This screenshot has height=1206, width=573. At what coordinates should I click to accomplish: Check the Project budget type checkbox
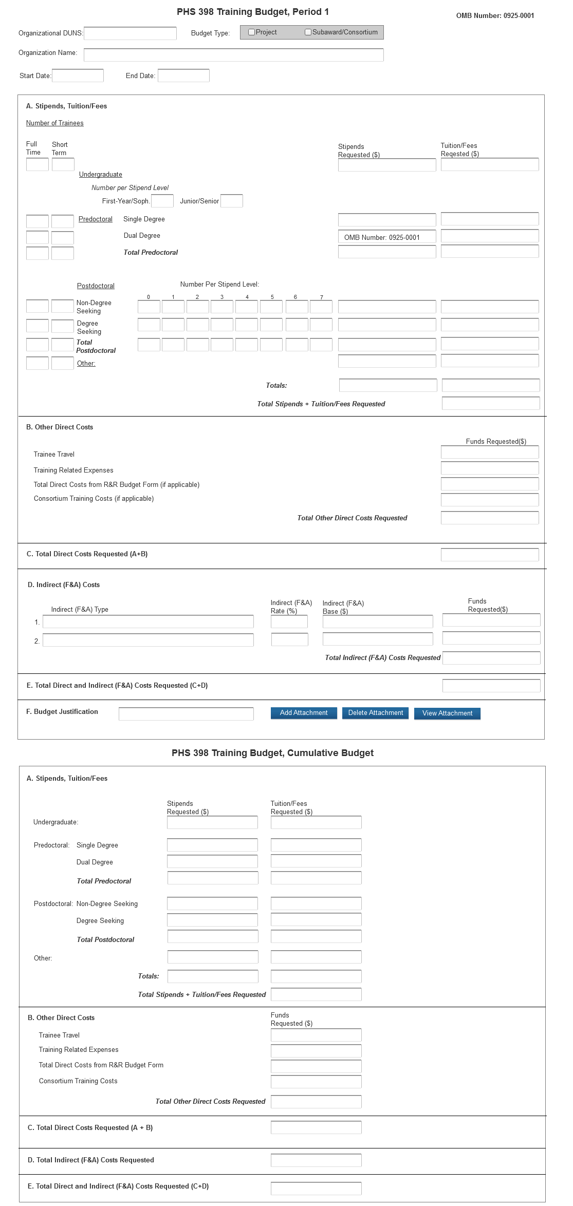pos(252,32)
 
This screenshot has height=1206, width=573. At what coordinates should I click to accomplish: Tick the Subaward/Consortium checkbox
pos(308,32)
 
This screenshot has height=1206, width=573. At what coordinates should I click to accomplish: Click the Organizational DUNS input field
pos(130,33)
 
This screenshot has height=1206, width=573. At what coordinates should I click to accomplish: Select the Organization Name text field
pos(233,54)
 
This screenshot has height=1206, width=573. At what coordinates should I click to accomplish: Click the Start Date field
pos(78,76)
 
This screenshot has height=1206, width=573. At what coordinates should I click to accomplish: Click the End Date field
pos(183,76)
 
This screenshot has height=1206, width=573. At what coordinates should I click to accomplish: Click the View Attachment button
pos(447,713)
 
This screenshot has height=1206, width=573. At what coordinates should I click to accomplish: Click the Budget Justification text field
pos(186,714)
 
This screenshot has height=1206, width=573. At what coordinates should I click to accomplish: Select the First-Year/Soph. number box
pos(162,201)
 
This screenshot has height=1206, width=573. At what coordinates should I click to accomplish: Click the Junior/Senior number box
pos(232,201)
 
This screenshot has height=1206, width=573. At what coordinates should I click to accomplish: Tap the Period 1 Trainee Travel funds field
pos(490,452)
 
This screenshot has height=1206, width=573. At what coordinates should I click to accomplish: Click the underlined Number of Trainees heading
pos(55,123)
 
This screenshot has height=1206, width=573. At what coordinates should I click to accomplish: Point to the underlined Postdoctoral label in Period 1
pos(96,286)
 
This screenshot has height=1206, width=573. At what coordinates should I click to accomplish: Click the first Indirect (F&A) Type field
pos(148,622)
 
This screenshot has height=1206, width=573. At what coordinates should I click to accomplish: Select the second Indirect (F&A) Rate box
pos(290,639)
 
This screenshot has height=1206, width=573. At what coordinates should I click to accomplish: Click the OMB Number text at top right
pos(495,16)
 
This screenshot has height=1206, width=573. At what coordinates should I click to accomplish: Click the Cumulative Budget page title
pos(272,753)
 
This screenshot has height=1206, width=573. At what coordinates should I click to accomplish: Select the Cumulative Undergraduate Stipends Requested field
pos(212,822)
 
